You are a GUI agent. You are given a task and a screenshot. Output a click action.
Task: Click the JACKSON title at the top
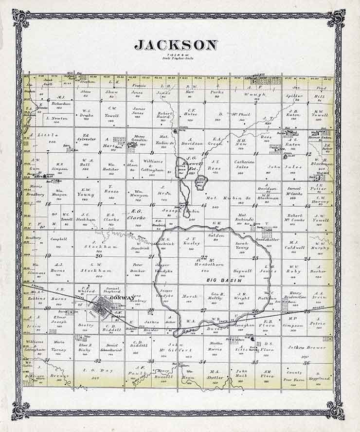[176, 45]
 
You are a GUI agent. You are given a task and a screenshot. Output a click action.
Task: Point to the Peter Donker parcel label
[140, 268]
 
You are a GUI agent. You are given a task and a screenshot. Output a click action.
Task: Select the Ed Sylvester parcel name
[87, 137]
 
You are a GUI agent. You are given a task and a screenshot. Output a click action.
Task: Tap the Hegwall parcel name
[242, 270]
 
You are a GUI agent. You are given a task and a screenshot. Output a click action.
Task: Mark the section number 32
[98, 361]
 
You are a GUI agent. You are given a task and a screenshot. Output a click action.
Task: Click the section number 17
[99, 204]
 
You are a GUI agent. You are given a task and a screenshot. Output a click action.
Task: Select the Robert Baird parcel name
[162, 115]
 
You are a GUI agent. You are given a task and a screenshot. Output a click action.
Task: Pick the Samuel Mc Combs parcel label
[294, 191]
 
